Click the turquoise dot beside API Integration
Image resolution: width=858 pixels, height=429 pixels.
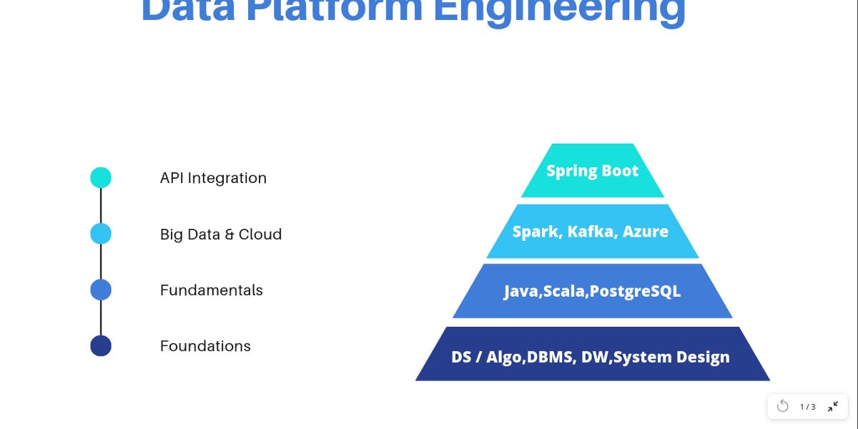101,177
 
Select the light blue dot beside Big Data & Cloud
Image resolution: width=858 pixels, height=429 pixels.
101,234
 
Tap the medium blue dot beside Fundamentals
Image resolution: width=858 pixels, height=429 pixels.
101,290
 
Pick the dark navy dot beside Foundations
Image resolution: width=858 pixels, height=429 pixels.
101,346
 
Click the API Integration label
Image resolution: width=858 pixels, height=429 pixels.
213,178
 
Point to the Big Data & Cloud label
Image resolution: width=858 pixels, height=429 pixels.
221,235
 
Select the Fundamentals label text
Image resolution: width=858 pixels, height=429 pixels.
212,290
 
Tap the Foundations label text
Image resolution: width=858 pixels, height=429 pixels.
205,346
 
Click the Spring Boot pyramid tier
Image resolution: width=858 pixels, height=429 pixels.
592,171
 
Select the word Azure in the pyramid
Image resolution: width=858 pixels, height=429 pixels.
646,232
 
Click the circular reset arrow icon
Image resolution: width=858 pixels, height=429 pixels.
783,406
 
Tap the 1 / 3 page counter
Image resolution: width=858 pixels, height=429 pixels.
808,407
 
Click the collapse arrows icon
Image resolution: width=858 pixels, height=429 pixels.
833,406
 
